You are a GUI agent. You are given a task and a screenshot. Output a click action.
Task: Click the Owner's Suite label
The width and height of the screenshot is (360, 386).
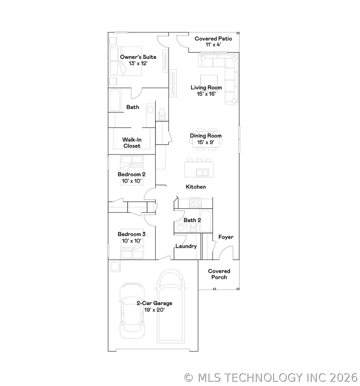click(x=138, y=60)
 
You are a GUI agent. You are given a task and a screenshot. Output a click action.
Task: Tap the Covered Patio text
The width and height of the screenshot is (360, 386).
click(x=213, y=42)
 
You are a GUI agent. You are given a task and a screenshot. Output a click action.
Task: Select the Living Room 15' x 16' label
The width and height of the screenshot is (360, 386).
click(x=206, y=90)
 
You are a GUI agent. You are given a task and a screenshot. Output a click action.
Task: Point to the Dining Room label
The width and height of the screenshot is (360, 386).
click(x=206, y=139)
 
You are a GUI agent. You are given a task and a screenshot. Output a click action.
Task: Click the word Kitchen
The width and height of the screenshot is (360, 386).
click(x=196, y=187)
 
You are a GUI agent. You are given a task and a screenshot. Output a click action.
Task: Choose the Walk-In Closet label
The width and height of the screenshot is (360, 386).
click(x=132, y=143)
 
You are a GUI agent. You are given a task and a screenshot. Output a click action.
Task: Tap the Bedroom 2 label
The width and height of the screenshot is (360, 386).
click(x=132, y=177)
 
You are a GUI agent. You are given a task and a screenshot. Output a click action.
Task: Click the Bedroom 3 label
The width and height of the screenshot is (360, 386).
click(x=132, y=237)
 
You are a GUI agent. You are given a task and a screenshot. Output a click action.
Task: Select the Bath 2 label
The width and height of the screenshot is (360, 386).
click(x=192, y=220)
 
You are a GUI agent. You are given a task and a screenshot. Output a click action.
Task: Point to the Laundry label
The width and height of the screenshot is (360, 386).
click(x=186, y=246)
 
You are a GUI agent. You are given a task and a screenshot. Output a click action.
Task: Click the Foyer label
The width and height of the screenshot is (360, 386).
click(x=226, y=237)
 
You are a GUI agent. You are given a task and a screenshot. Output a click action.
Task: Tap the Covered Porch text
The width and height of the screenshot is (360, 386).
click(x=219, y=274)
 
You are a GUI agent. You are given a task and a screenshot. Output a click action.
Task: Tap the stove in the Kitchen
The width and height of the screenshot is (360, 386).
click(x=195, y=203)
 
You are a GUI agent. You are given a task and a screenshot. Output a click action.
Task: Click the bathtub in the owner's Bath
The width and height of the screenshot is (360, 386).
click(x=114, y=101)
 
